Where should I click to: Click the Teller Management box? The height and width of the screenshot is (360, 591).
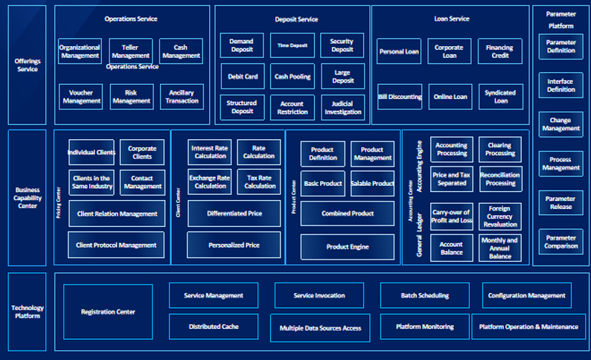point(130,50)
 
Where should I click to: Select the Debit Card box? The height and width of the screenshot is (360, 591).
point(242,77)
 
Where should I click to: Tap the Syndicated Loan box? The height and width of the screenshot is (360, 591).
point(499,97)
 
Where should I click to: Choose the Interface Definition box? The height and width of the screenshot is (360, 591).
point(560,86)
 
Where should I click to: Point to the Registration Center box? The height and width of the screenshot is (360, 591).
point(108,312)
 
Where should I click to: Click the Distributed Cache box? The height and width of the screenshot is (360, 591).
point(213,325)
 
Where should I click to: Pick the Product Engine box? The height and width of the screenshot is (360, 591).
point(347,246)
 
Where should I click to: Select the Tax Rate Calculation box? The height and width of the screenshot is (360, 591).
point(259,182)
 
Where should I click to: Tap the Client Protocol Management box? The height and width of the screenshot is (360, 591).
point(117,245)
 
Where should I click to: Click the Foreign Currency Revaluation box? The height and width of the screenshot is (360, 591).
point(499,216)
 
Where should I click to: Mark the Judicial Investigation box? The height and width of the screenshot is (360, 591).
point(342,108)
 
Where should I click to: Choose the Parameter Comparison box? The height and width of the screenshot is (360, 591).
point(560,242)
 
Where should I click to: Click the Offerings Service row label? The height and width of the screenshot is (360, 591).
point(27,65)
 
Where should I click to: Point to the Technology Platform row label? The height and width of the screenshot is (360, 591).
point(27,312)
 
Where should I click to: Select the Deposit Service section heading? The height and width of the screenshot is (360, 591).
point(292,19)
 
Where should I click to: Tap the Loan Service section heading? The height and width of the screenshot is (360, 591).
point(451,19)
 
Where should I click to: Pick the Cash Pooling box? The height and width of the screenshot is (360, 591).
point(292,77)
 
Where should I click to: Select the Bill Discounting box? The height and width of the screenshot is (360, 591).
point(399,97)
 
